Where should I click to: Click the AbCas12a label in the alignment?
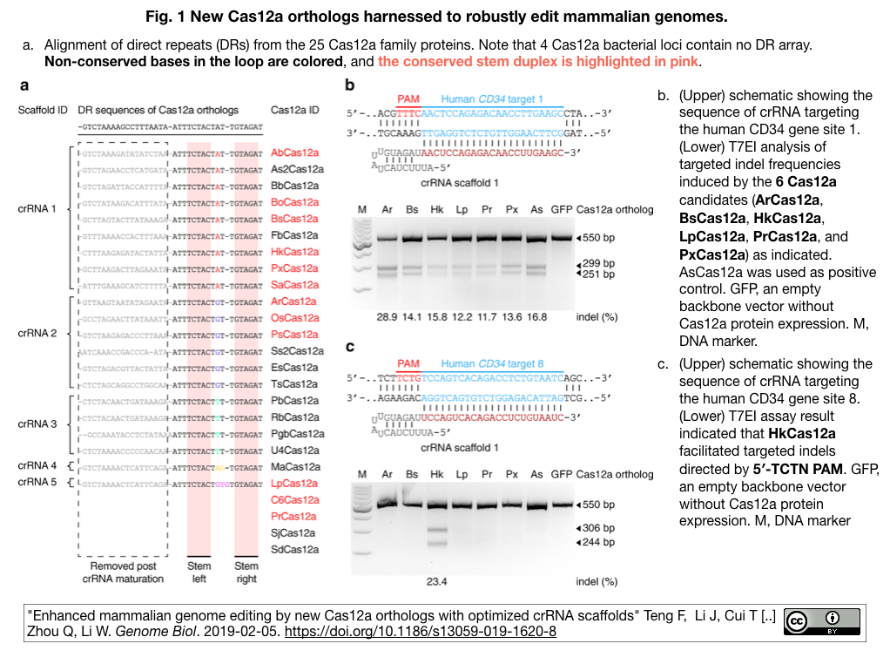pos(294,152)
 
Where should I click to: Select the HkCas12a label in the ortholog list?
pos(294,252)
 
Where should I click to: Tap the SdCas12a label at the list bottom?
pos(294,550)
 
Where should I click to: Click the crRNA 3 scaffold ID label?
pos(37,423)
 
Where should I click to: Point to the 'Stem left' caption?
pos(199,573)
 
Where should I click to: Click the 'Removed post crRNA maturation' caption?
pos(123,573)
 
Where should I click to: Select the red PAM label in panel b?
pos(408,99)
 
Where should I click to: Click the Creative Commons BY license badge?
pos(821,621)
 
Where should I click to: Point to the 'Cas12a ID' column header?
pos(295,110)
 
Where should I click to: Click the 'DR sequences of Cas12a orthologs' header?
pos(158,110)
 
